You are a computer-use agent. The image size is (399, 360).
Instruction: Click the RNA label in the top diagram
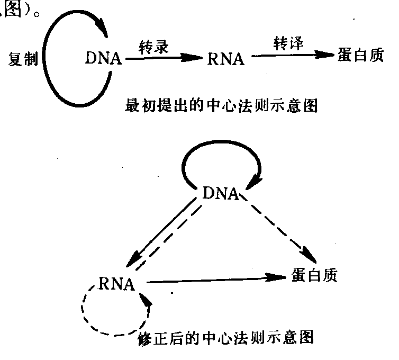(226, 58)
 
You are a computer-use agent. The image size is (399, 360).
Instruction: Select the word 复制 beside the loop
(23, 58)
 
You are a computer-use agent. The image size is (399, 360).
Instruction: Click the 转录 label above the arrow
(153, 46)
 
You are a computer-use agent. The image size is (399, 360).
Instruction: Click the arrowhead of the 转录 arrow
(196, 59)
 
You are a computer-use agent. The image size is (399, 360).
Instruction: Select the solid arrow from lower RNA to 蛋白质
(217, 280)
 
